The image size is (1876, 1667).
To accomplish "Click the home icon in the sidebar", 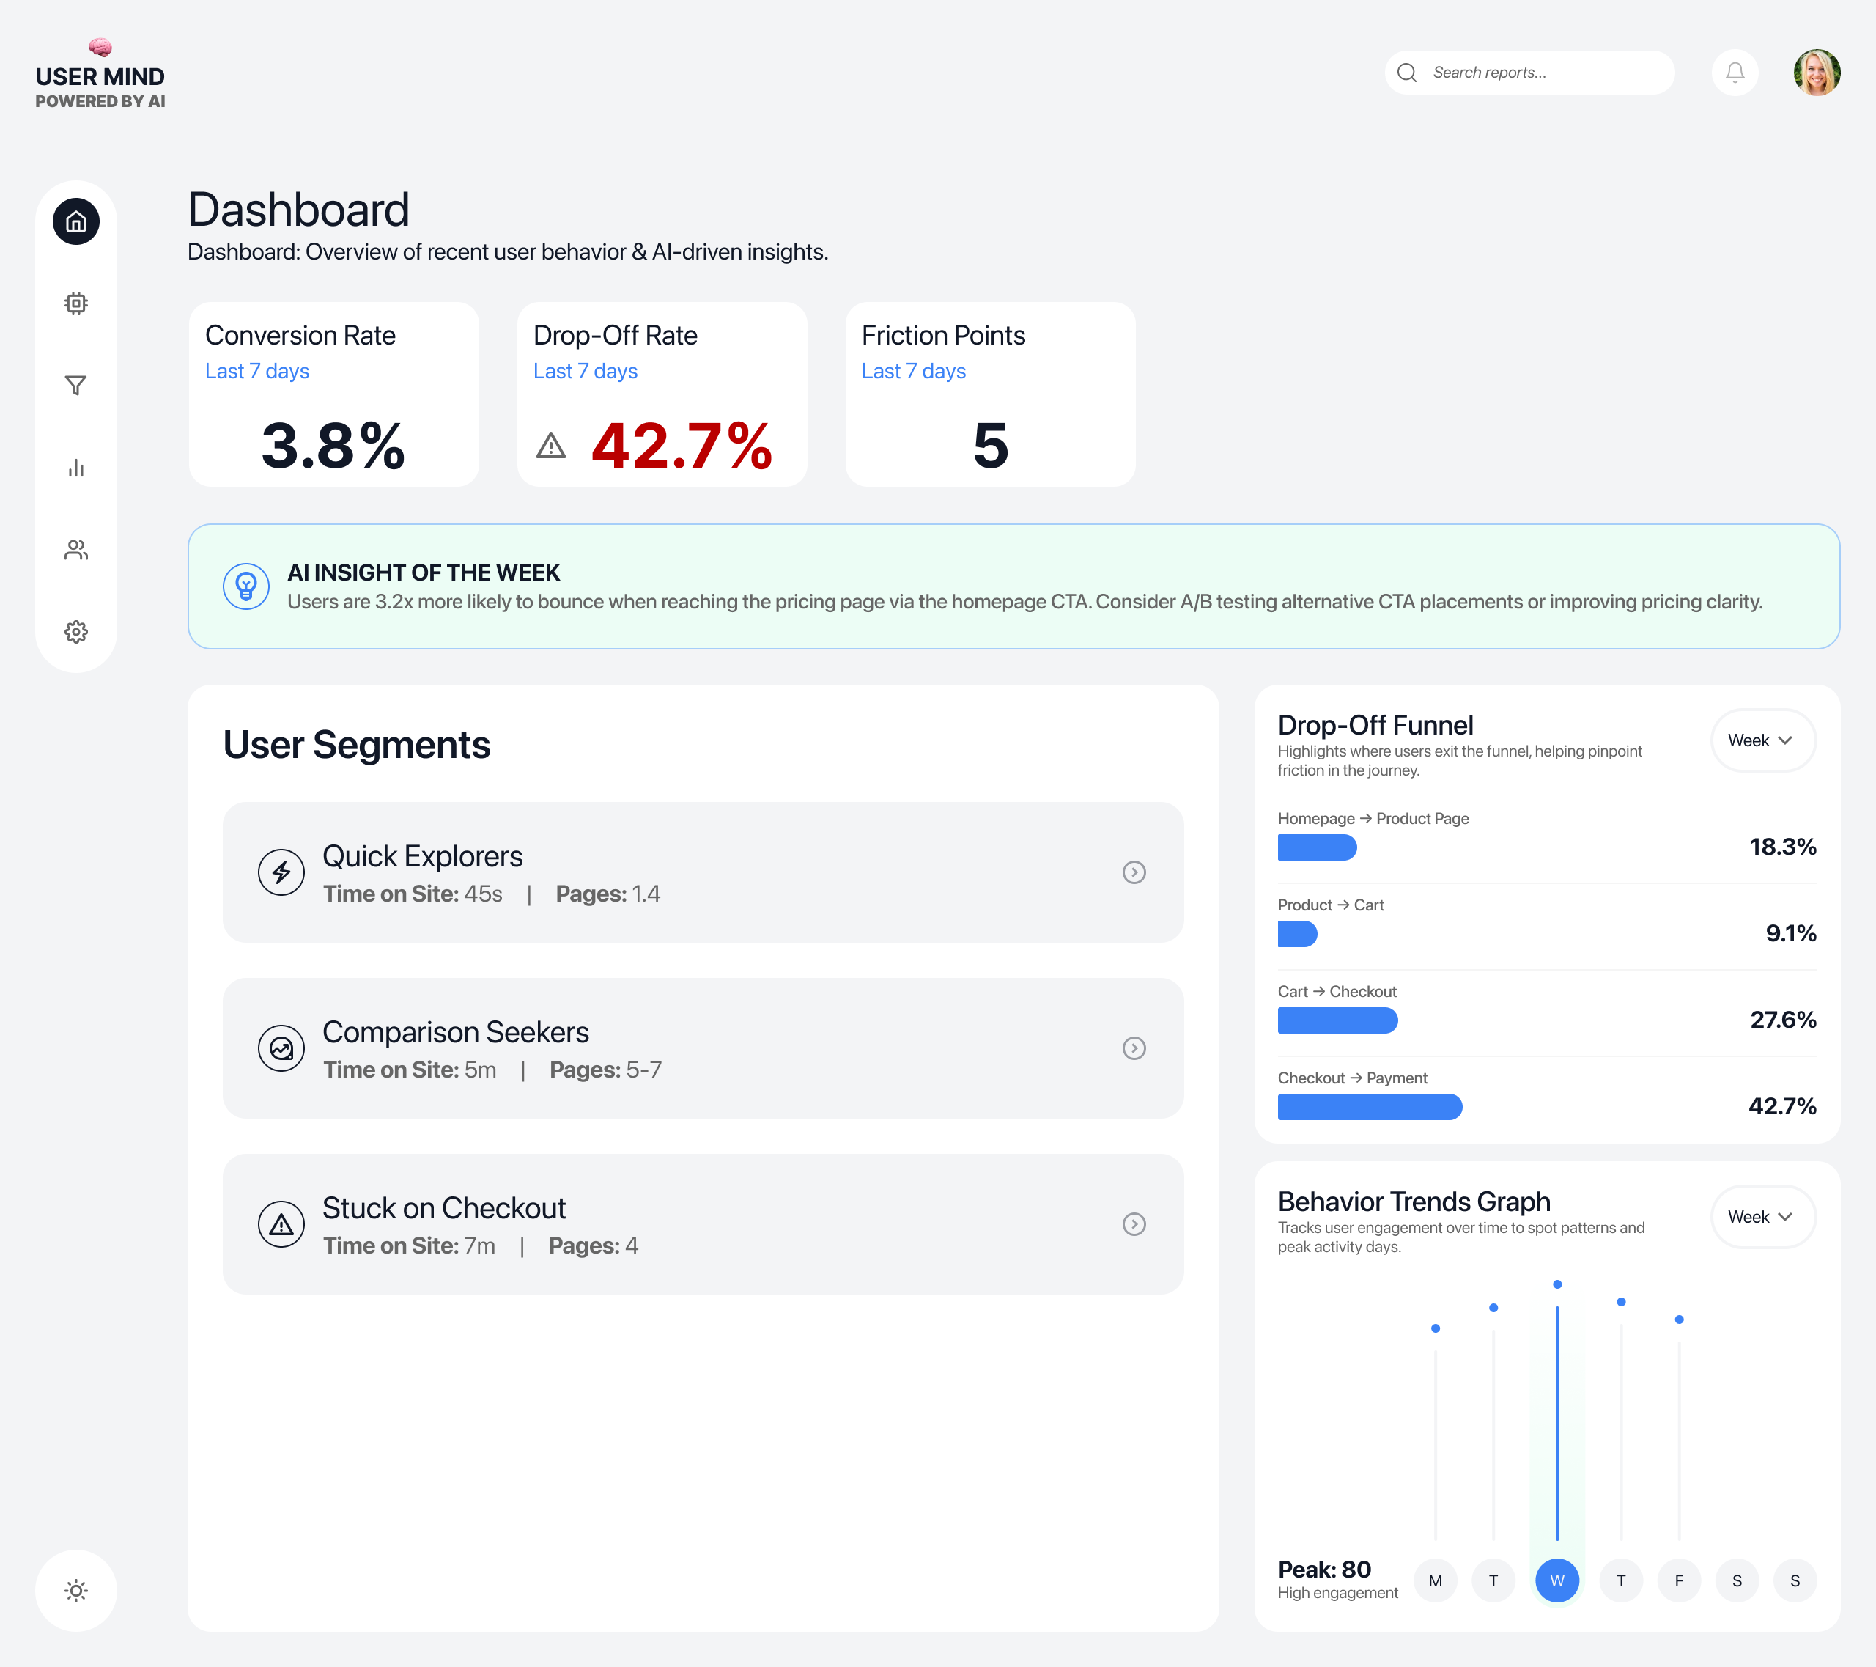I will [x=76, y=221].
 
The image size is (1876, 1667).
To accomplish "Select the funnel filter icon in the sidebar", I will [x=76, y=386].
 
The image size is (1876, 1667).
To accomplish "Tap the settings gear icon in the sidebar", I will [x=76, y=632].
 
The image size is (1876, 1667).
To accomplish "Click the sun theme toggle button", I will [x=76, y=1591].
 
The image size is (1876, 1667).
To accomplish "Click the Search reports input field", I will [x=1542, y=73].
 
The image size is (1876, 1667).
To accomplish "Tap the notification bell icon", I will [x=1735, y=73].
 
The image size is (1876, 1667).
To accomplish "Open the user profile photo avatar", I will [x=1817, y=73].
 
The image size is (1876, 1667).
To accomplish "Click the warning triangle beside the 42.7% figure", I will [x=550, y=446].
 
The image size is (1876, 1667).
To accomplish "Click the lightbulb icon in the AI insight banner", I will [x=246, y=586].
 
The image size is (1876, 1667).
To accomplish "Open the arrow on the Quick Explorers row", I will [x=1134, y=872].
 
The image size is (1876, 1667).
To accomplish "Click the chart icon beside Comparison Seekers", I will [x=281, y=1048].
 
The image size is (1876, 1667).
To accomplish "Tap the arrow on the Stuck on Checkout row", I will [x=1134, y=1224].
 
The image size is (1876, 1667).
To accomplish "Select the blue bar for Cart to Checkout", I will [x=1337, y=1020].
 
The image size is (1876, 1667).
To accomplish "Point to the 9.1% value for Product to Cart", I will [x=1791, y=933].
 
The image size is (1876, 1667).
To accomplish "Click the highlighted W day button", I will [x=1556, y=1580].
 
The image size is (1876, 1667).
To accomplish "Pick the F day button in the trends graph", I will [x=1679, y=1580].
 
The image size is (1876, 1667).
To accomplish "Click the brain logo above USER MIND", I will [x=100, y=47].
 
